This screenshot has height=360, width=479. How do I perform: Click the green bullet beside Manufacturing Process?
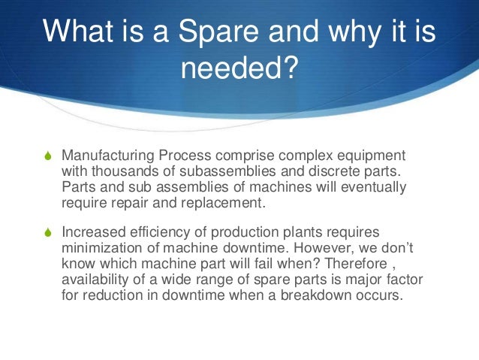point(47,156)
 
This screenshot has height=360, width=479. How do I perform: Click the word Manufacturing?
point(108,156)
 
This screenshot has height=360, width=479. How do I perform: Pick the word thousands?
point(122,171)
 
